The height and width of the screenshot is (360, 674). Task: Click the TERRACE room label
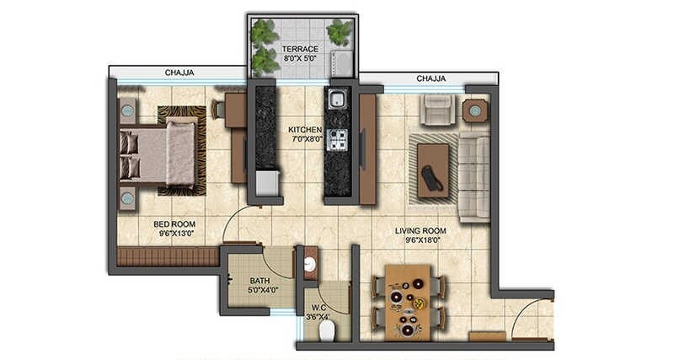coord(300,49)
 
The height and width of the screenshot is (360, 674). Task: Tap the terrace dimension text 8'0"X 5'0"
coord(300,60)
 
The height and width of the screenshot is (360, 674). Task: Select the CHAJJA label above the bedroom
coord(179,73)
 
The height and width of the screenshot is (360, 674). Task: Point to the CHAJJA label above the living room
coord(432,78)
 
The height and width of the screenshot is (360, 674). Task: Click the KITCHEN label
coord(305,129)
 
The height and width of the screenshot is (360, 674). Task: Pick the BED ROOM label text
coord(174,223)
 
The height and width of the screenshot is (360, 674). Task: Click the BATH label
coord(259,282)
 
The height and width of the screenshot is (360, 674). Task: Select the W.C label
coord(318,307)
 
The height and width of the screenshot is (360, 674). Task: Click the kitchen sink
coord(338,99)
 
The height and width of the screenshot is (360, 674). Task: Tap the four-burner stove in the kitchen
coord(338,140)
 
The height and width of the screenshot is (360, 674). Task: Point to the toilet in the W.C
coord(327,330)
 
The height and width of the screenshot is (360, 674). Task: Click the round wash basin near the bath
coord(309,265)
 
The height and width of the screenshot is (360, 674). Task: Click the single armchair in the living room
coord(438,110)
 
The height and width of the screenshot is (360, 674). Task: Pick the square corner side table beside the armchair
coord(475,110)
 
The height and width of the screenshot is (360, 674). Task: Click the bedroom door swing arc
coord(240,223)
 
